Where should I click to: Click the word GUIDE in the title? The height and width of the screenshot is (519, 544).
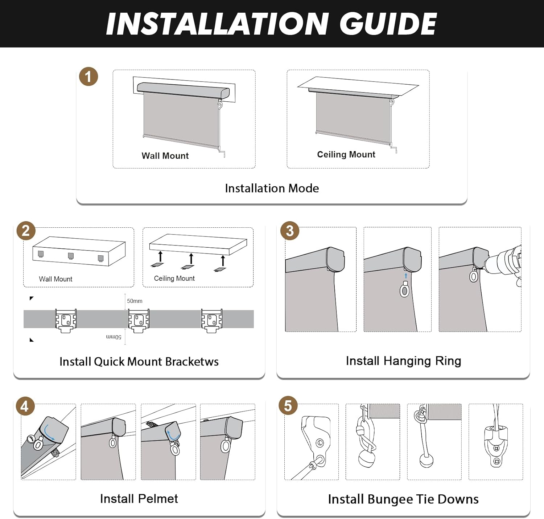click(x=388, y=24)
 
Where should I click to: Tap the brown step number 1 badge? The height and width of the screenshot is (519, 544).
click(x=88, y=77)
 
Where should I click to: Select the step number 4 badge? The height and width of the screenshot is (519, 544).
click(x=25, y=406)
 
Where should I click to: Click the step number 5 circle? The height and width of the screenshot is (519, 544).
click(x=288, y=406)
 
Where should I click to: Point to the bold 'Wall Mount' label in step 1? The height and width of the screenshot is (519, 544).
click(x=165, y=156)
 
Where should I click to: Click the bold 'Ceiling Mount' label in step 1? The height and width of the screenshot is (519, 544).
click(x=346, y=154)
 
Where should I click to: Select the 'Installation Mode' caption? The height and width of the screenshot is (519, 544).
click(x=272, y=188)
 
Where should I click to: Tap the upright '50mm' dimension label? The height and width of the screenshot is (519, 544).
click(x=135, y=301)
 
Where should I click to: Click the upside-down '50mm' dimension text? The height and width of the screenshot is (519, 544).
click(x=114, y=337)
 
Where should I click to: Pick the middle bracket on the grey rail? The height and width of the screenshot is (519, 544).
click(x=139, y=321)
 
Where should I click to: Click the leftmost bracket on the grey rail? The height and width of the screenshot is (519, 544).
click(x=66, y=321)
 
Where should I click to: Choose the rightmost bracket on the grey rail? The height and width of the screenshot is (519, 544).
click(x=212, y=321)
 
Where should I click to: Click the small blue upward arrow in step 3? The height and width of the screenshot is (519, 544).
click(x=406, y=275)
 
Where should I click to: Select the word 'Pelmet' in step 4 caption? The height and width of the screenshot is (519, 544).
click(x=158, y=499)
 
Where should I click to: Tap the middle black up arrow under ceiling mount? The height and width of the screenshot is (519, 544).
click(x=191, y=259)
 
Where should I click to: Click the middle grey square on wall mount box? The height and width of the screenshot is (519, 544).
click(x=71, y=256)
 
